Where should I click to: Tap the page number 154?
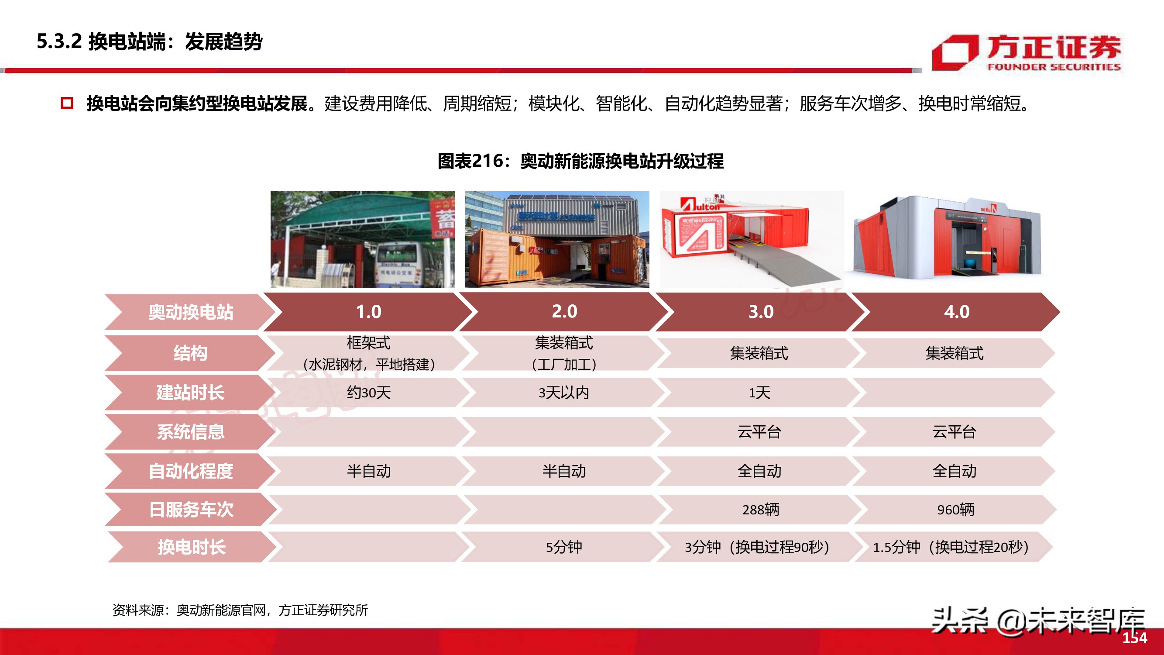(1135, 638)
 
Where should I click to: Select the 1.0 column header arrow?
(368, 312)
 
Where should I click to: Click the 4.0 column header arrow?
(956, 312)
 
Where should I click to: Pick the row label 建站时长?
(190, 393)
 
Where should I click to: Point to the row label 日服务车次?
(191, 510)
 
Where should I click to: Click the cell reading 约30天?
(368, 393)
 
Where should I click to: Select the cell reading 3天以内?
(563, 393)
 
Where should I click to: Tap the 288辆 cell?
(760, 510)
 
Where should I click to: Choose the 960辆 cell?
(955, 510)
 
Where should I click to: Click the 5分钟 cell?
(563, 548)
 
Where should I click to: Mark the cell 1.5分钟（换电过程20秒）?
(951, 548)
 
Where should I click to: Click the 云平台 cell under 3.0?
(759, 432)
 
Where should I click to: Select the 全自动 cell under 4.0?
(955, 471)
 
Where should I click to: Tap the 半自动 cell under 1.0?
(368, 471)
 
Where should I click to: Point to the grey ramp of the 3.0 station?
(786, 267)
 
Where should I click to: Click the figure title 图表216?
(580, 161)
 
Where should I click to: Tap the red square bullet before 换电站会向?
(67, 103)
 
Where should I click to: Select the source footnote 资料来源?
(240, 610)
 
